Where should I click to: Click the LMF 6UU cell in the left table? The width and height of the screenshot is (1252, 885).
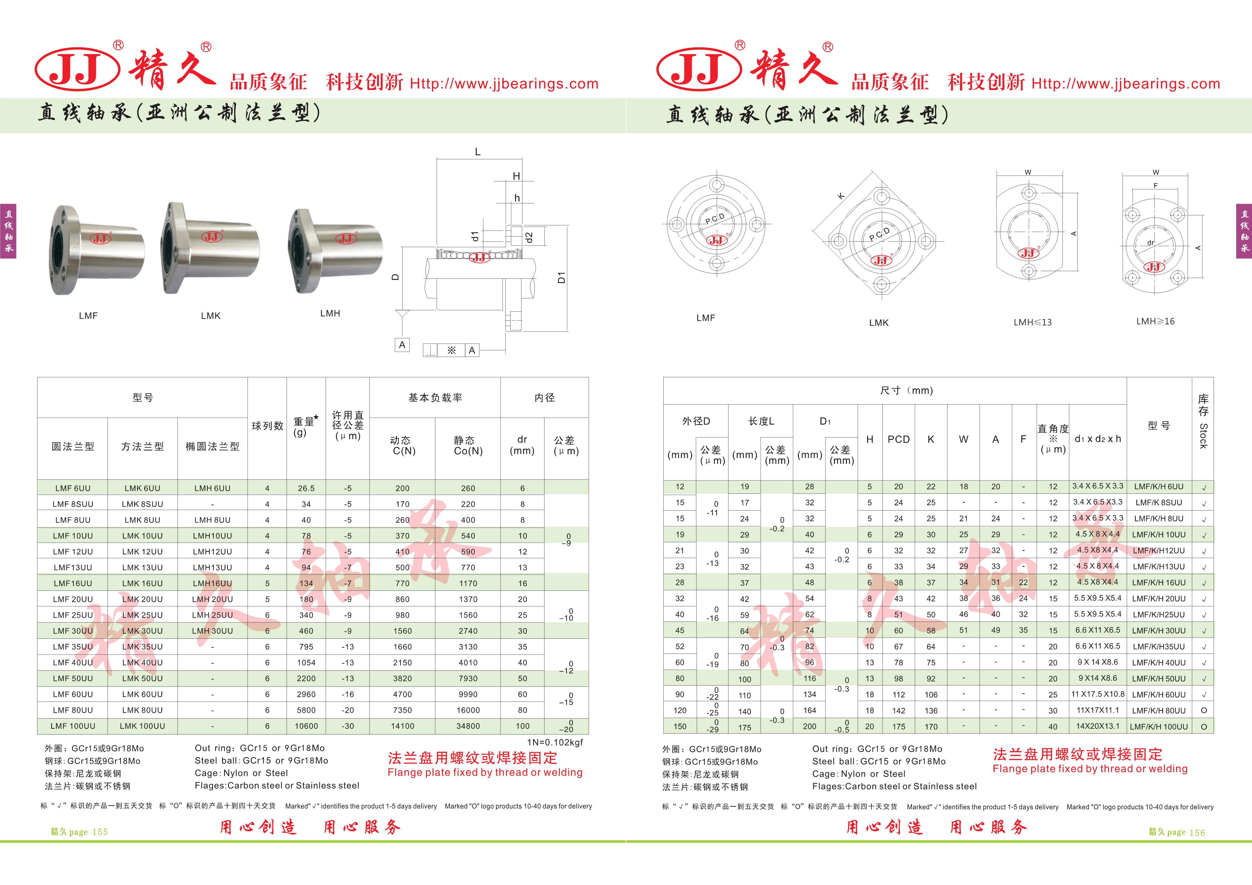(x=72, y=488)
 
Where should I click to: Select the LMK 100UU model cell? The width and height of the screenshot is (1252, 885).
(x=142, y=726)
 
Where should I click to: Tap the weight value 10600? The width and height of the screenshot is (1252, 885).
(x=306, y=726)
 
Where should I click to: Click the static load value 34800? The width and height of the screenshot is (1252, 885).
(x=468, y=726)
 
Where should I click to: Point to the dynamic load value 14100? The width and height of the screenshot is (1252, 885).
(x=402, y=726)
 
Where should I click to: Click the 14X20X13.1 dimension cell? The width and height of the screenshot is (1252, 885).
(x=1098, y=726)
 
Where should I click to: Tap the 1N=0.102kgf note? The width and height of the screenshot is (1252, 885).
(x=555, y=742)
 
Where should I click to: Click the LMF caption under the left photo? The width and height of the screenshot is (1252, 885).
(x=88, y=316)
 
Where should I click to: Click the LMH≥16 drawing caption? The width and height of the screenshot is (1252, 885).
(x=1155, y=321)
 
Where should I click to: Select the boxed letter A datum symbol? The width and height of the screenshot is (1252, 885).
(x=402, y=345)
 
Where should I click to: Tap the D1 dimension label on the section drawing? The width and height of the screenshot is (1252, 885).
(x=561, y=278)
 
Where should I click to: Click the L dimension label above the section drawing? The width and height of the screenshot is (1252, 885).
(x=478, y=152)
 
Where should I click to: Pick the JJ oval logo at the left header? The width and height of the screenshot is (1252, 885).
(x=77, y=69)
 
